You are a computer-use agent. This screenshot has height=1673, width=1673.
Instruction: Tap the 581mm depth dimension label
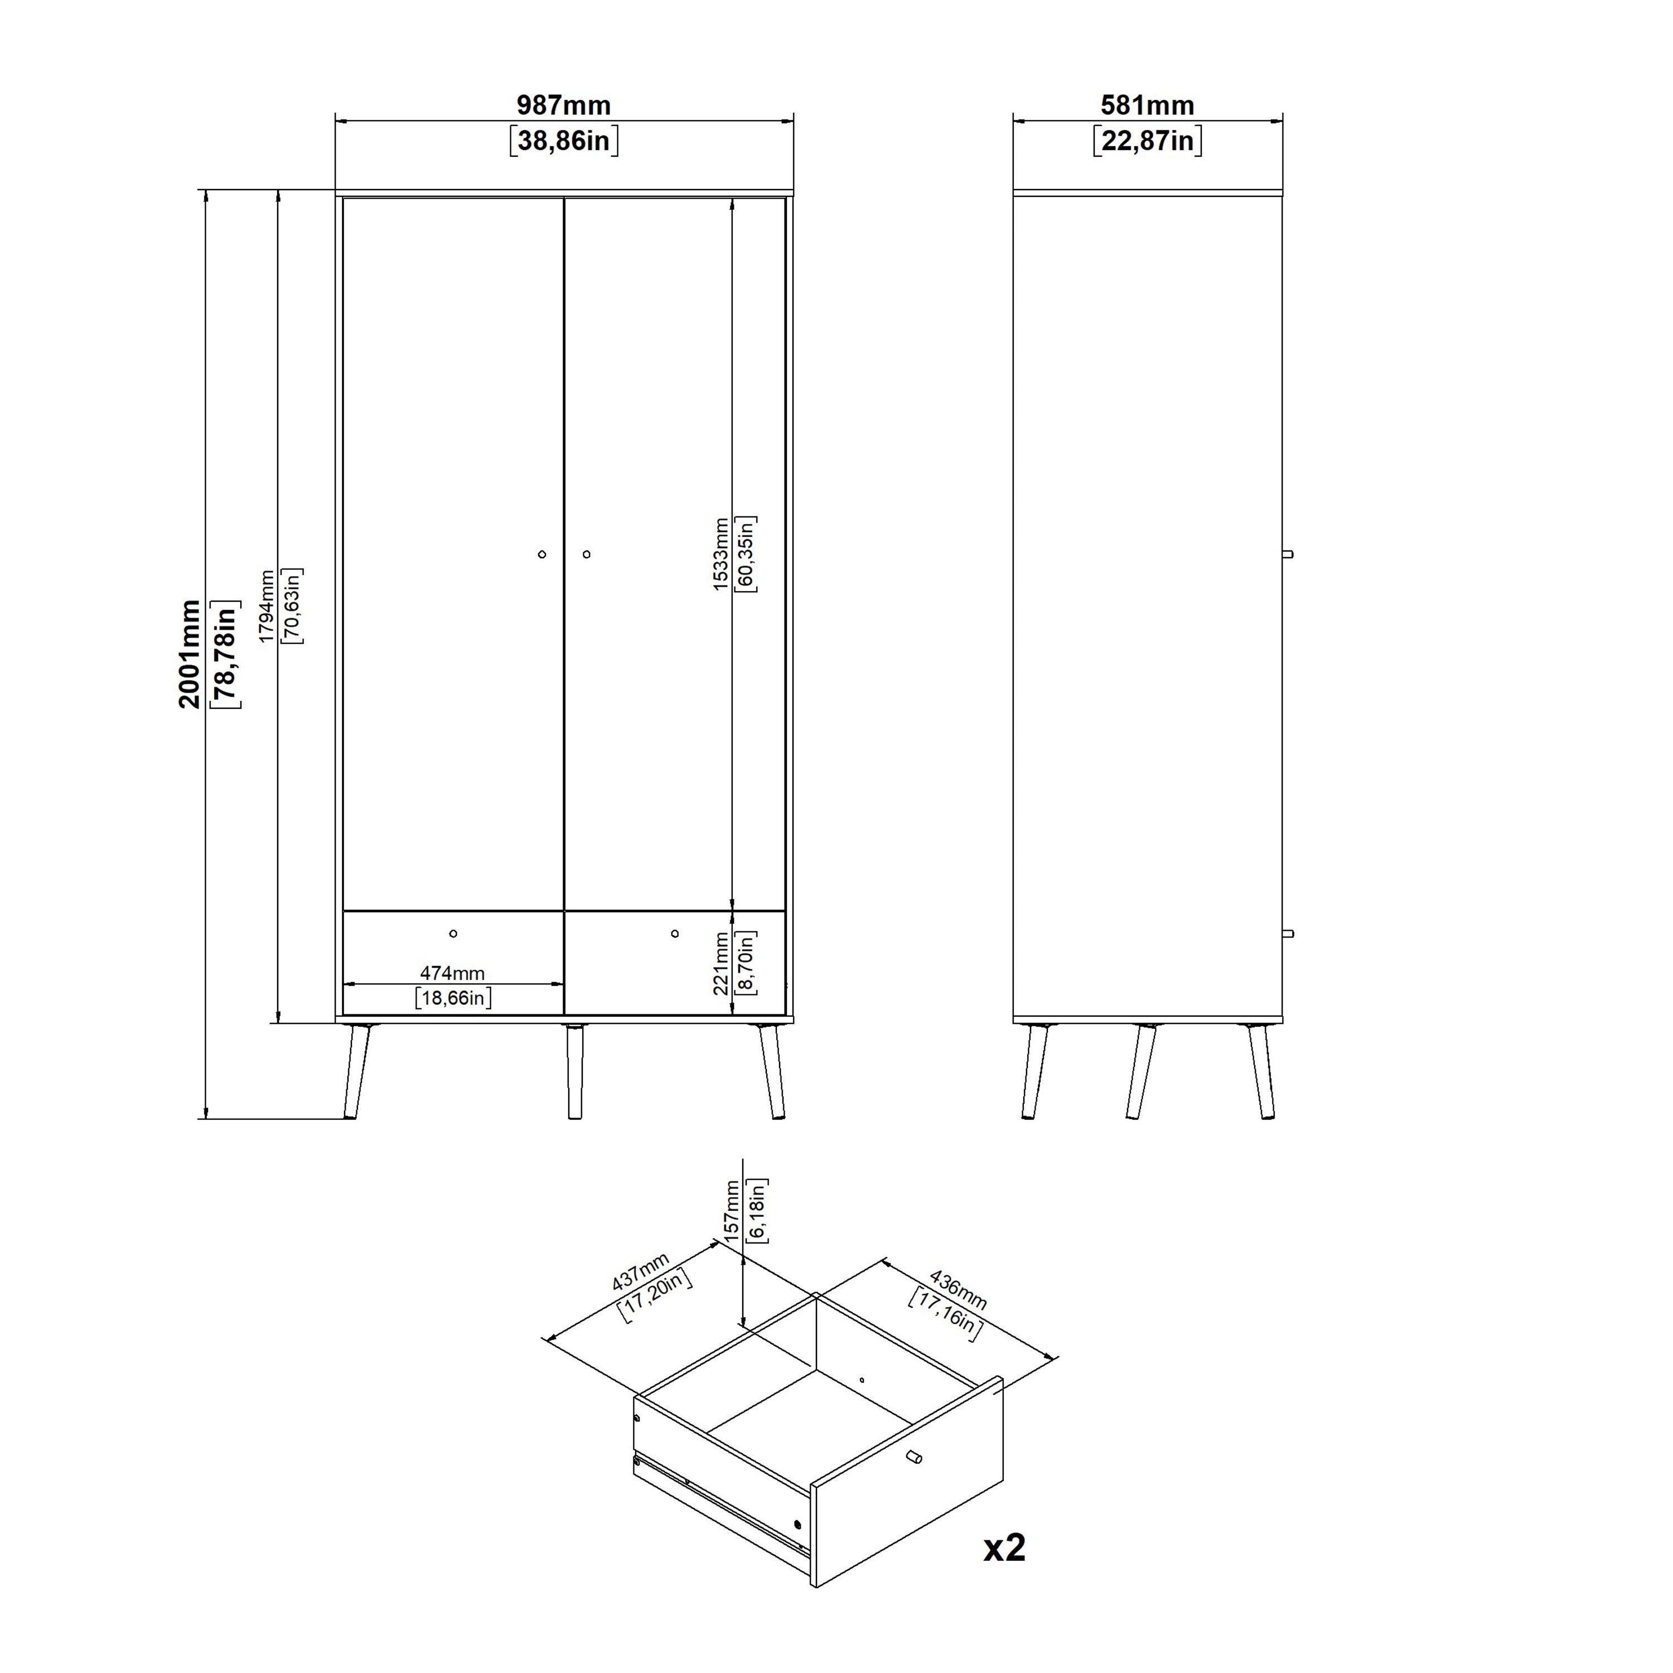1147,105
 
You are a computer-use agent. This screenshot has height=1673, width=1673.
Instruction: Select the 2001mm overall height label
190,654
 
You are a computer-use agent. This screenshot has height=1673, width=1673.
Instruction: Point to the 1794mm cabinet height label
267,606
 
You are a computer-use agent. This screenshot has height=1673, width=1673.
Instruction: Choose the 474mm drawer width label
452,973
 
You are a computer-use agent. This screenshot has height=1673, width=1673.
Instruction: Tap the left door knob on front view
542,554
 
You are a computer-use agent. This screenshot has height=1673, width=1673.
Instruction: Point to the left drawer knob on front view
453,934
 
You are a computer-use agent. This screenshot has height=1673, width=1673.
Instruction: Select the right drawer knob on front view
675,934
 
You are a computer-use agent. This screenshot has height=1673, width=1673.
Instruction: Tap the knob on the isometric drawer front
913,1457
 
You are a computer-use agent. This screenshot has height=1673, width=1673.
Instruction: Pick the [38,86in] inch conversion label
564,141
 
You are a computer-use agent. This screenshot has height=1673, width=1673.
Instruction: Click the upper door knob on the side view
1288,554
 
